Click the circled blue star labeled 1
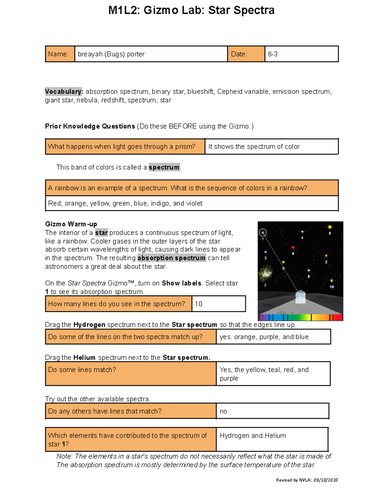(x=263, y=233)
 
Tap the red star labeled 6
(x=293, y=247)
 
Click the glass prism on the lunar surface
(x=300, y=297)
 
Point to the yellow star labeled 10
(x=332, y=281)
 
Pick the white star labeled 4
(x=302, y=232)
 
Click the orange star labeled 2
(x=326, y=256)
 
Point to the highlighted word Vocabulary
(x=64, y=92)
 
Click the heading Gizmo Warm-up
(x=71, y=224)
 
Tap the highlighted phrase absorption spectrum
(x=171, y=258)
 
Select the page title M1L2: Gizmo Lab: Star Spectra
(x=191, y=10)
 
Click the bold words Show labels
(x=181, y=283)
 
